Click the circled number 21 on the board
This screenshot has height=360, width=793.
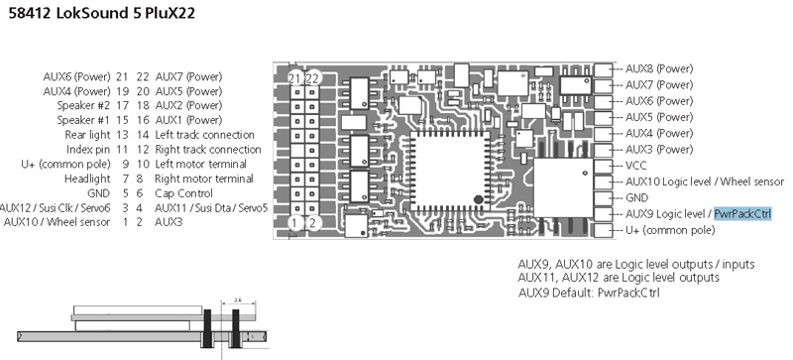point(294,78)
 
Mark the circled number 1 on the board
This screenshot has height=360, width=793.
point(294,223)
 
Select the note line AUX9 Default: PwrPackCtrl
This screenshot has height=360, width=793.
point(590,294)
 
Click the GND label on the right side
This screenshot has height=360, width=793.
point(638,197)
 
